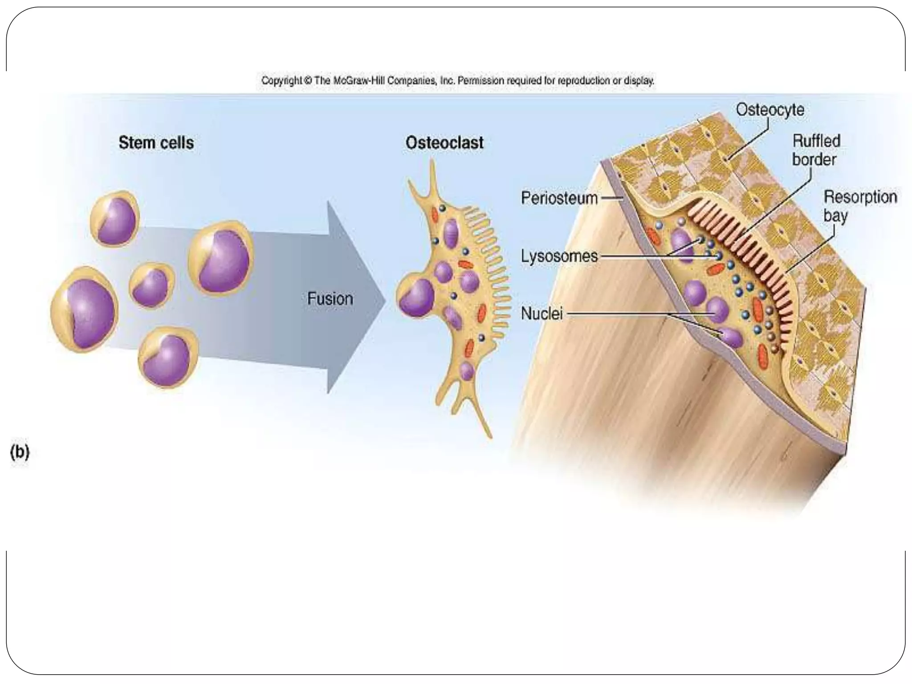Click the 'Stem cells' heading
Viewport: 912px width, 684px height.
pos(156,143)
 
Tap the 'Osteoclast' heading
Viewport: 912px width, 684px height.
pos(444,143)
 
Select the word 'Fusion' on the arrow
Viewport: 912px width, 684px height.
pos(330,298)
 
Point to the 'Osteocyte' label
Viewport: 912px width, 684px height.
pos(770,110)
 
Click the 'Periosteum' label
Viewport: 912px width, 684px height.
pos(559,198)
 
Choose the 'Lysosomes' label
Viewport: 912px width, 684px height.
pos(559,256)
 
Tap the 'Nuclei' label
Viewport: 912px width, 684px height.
pos(541,313)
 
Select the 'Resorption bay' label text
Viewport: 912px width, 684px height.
pos(859,206)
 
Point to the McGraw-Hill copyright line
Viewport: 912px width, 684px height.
pos(457,81)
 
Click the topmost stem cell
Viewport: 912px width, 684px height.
pos(115,218)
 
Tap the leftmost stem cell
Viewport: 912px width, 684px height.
pos(84,309)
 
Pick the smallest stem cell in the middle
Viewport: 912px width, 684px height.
pos(151,285)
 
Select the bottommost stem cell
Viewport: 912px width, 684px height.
pos(168,357)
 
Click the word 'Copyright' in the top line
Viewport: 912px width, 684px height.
pos(281,81)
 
